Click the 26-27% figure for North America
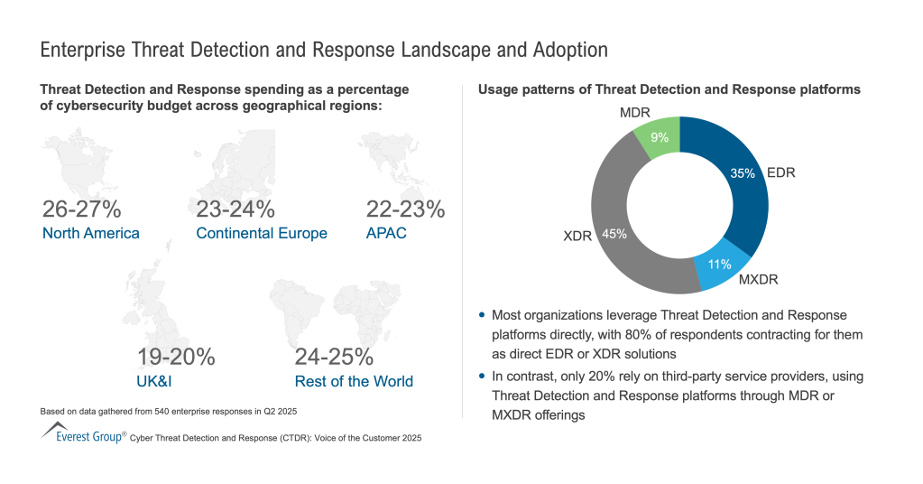[x=82, y=209]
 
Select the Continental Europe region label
[x=262, y=234]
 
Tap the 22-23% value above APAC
[x=405, y=209]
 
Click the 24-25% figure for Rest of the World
[x=335, y=357]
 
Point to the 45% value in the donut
[x=614, y=233]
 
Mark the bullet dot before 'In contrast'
[x=483, y=376]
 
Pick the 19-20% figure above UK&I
[x=176, y=357]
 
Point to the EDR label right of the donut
[x=780, y=172]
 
